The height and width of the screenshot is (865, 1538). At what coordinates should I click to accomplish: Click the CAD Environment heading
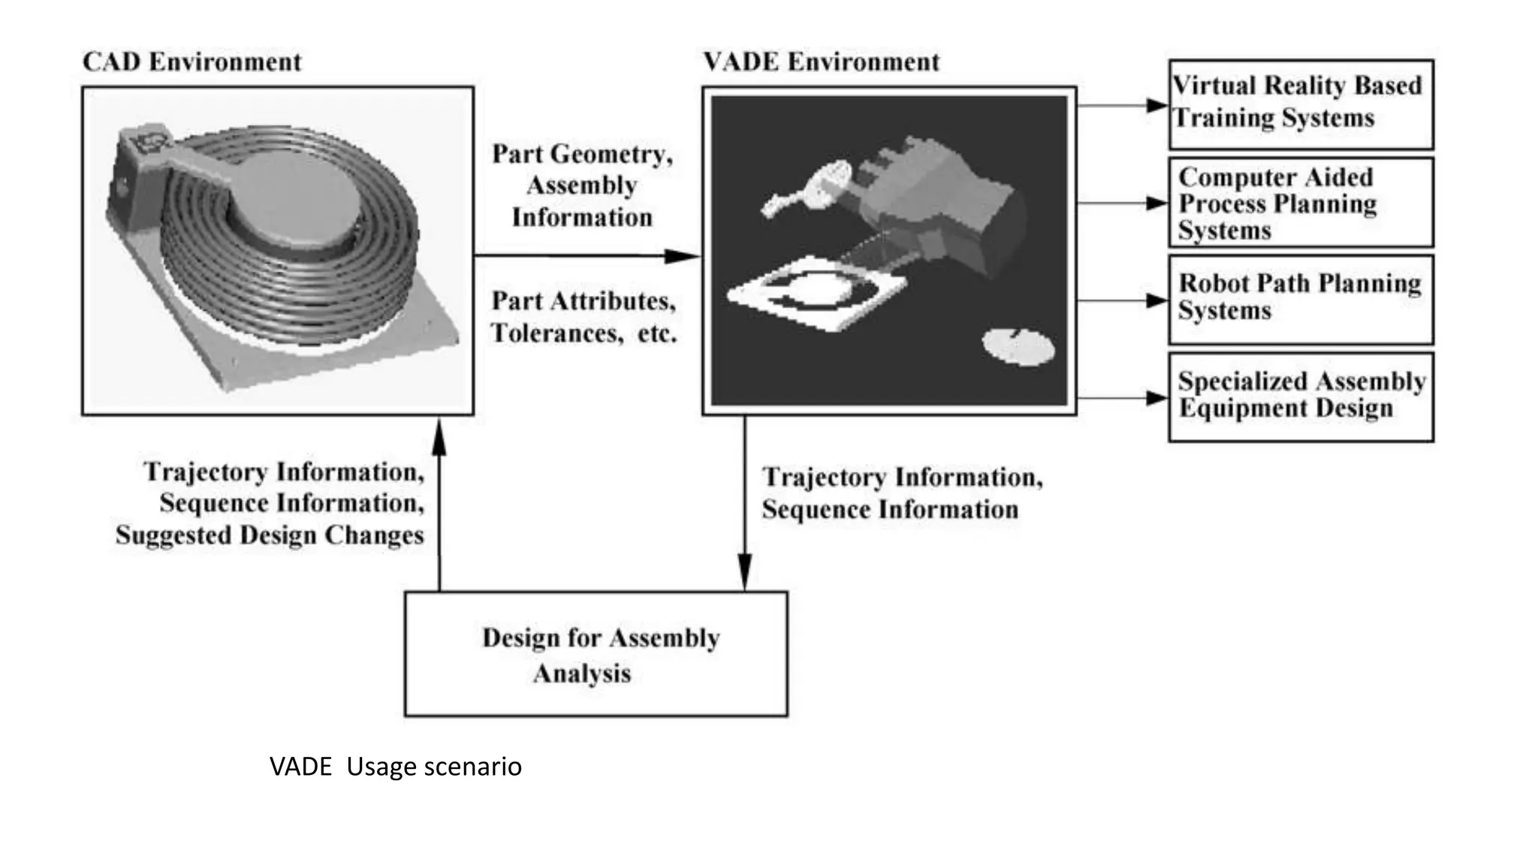[x=191, y=62]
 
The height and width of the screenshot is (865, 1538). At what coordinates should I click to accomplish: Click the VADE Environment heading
[x=821, y=62]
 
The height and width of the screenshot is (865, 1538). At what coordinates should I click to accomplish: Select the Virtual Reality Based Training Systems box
[x=1300, y=104]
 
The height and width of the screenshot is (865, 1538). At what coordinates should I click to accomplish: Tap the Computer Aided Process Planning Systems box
[x=1300, y=203]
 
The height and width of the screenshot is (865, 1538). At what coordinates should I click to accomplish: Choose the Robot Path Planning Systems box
[x=1300, y=299]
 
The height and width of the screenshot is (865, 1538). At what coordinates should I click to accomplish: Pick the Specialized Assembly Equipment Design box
[x=1300, y=396]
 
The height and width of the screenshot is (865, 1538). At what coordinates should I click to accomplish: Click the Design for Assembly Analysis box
[x=596, y=654]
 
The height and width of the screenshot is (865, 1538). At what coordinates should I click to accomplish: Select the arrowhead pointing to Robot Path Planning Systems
[x=1157, y=301]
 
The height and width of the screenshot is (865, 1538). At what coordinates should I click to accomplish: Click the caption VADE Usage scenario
[x=395, y=767]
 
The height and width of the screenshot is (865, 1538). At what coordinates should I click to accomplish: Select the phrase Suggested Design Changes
[x=270, y=535]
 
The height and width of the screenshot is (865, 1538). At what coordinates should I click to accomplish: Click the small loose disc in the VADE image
[x=1018, y=347]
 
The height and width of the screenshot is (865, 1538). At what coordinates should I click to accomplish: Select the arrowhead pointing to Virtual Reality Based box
[x=1157, y=106]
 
